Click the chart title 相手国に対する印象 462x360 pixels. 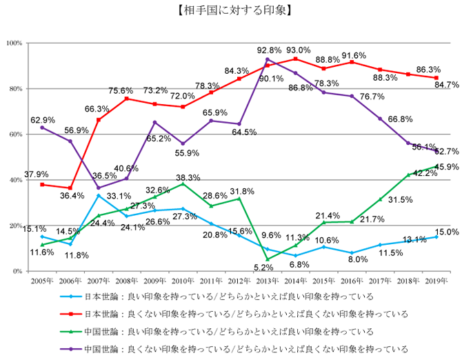pos(230,10)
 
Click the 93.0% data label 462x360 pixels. pos(298,50)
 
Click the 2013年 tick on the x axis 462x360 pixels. pos(267,281)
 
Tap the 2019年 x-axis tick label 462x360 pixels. pos(436,281)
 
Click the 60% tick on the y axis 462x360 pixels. pos(16,134)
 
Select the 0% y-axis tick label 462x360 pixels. pos(18,271)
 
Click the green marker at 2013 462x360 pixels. pos(267,259)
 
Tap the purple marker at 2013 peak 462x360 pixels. pos(267,60)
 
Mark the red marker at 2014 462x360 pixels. pos(295,59)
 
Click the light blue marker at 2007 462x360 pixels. pos(98,196)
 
